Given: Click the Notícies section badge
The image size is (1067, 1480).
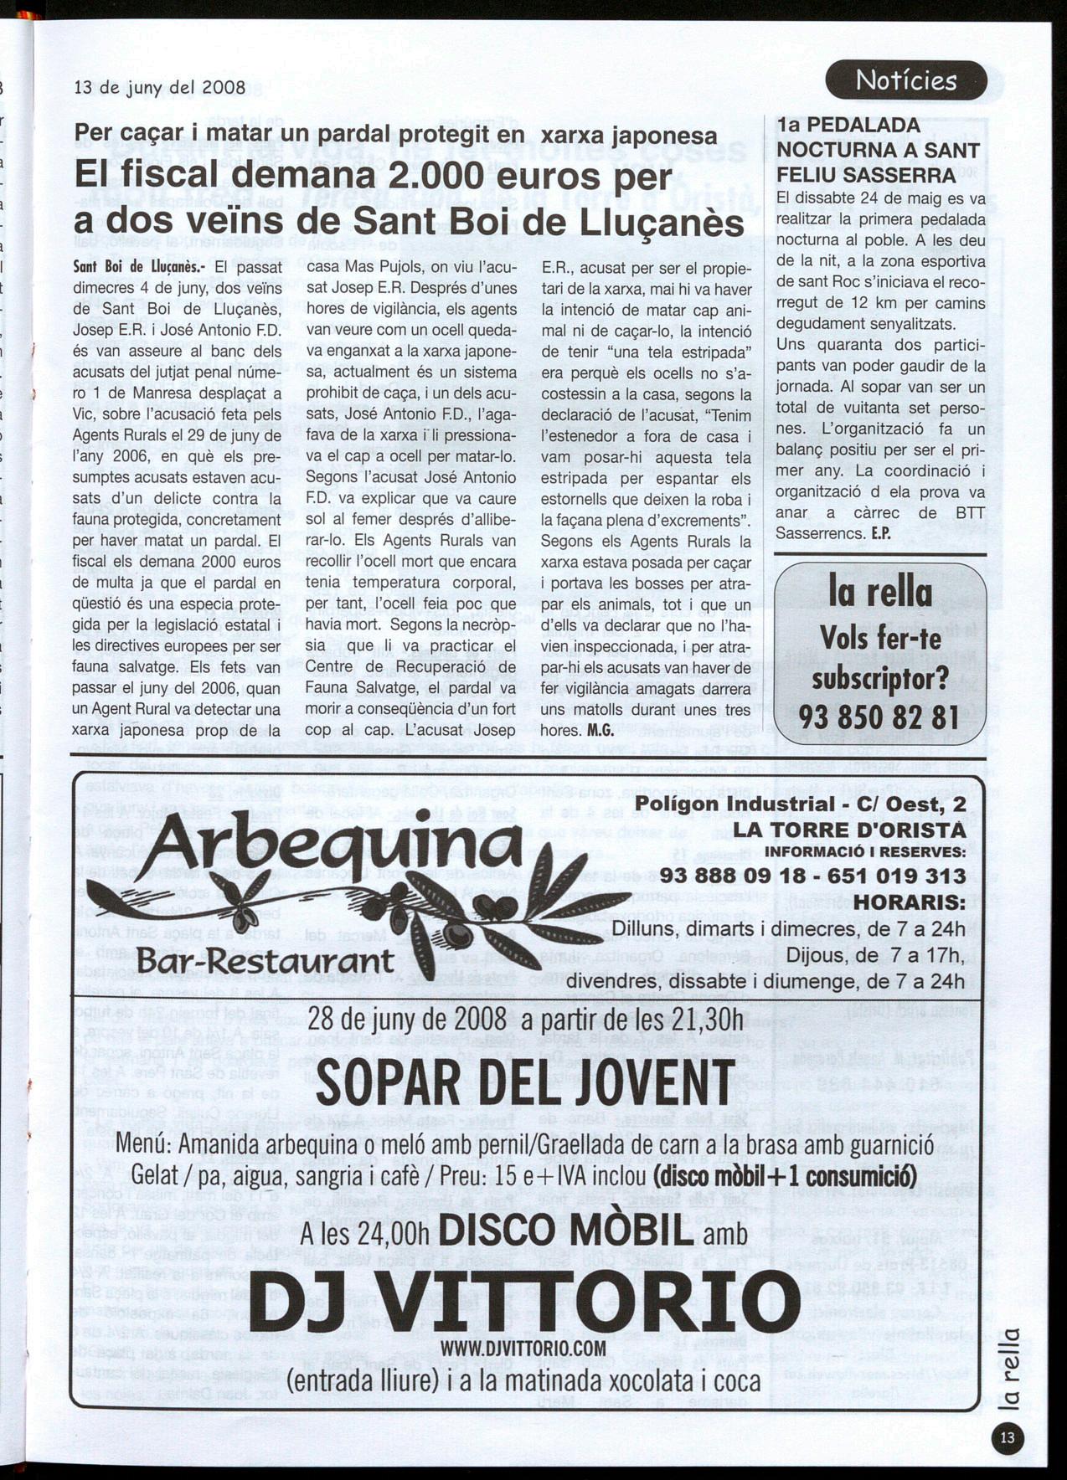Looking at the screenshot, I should point(906,80).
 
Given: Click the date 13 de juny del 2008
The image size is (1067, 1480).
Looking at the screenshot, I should point(160,87).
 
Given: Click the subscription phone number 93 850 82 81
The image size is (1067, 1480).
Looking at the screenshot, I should point(879,717).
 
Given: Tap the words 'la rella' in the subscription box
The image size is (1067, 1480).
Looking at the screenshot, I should point(879,593).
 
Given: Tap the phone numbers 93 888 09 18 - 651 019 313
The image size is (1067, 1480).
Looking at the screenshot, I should point(812,876).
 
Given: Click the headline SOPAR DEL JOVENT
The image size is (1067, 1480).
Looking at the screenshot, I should point(525,1085).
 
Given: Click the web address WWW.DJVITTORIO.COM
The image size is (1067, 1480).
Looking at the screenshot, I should point(523,1348).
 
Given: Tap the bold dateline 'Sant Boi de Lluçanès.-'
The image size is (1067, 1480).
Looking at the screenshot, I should point(135,269).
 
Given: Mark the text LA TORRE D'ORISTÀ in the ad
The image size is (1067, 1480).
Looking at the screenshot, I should point(849,830).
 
